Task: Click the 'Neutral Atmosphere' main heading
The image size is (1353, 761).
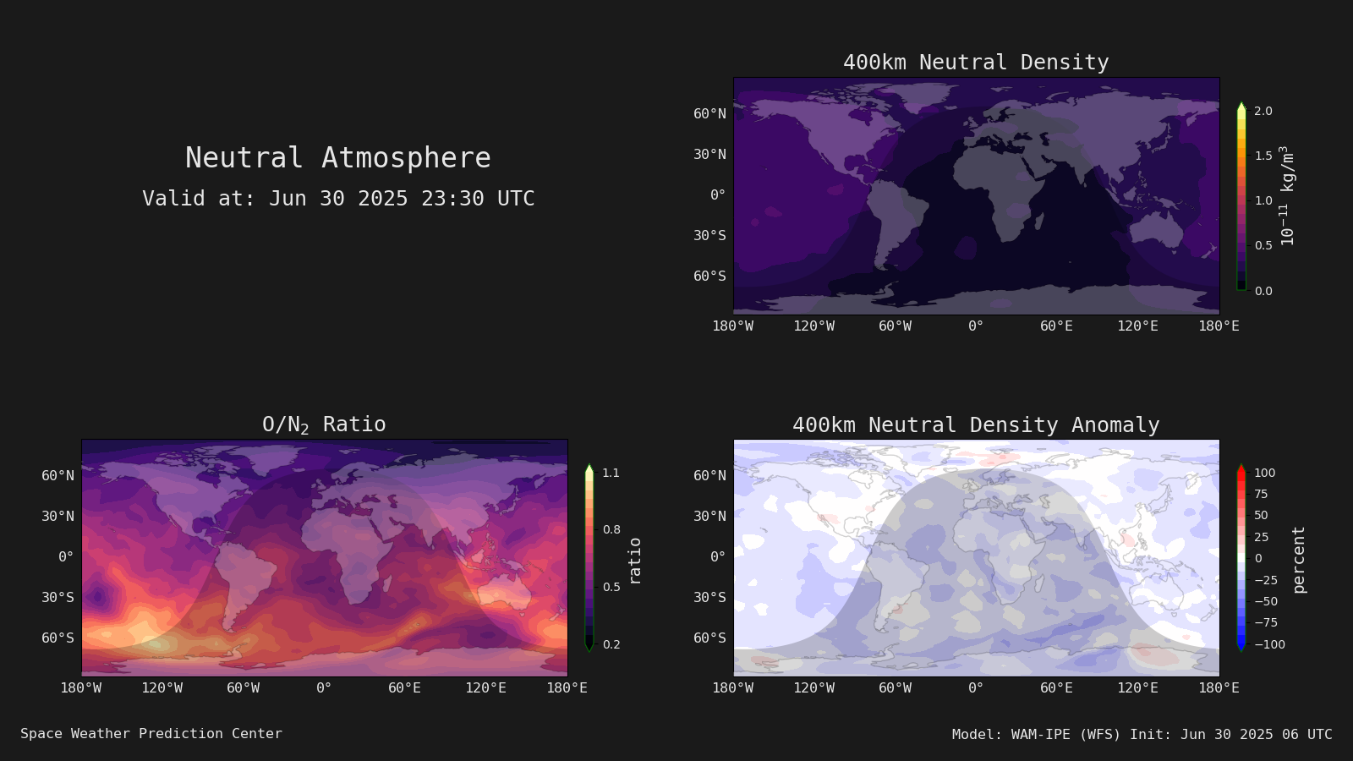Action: [337, 157]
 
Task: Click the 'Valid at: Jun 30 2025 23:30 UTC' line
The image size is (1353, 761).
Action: [338, 198]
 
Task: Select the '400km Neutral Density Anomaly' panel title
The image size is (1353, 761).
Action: [976, 424]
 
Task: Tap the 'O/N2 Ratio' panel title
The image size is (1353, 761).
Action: [324, 424]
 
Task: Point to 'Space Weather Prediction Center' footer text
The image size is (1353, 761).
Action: [151, 733]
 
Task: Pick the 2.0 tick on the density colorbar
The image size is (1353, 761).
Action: [1263, 111]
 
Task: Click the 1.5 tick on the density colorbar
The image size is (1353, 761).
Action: [1263, 156]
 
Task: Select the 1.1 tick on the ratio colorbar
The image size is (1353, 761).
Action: [611, 473]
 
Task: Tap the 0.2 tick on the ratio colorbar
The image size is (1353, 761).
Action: [611, 644]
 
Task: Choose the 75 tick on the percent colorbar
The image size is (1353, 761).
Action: [1261, 494]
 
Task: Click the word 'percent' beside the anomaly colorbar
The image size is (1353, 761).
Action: [1299, 560]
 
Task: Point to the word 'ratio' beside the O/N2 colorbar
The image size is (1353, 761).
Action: [634, 561]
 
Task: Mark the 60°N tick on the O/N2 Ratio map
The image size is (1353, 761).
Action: [58, 475]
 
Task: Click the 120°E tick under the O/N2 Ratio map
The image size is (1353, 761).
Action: [485, 688]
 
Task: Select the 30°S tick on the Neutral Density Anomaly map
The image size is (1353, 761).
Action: [709, 597]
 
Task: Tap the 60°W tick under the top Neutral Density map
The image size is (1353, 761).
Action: [896, 326]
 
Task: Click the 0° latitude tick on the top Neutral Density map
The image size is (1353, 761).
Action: [718, 194]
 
